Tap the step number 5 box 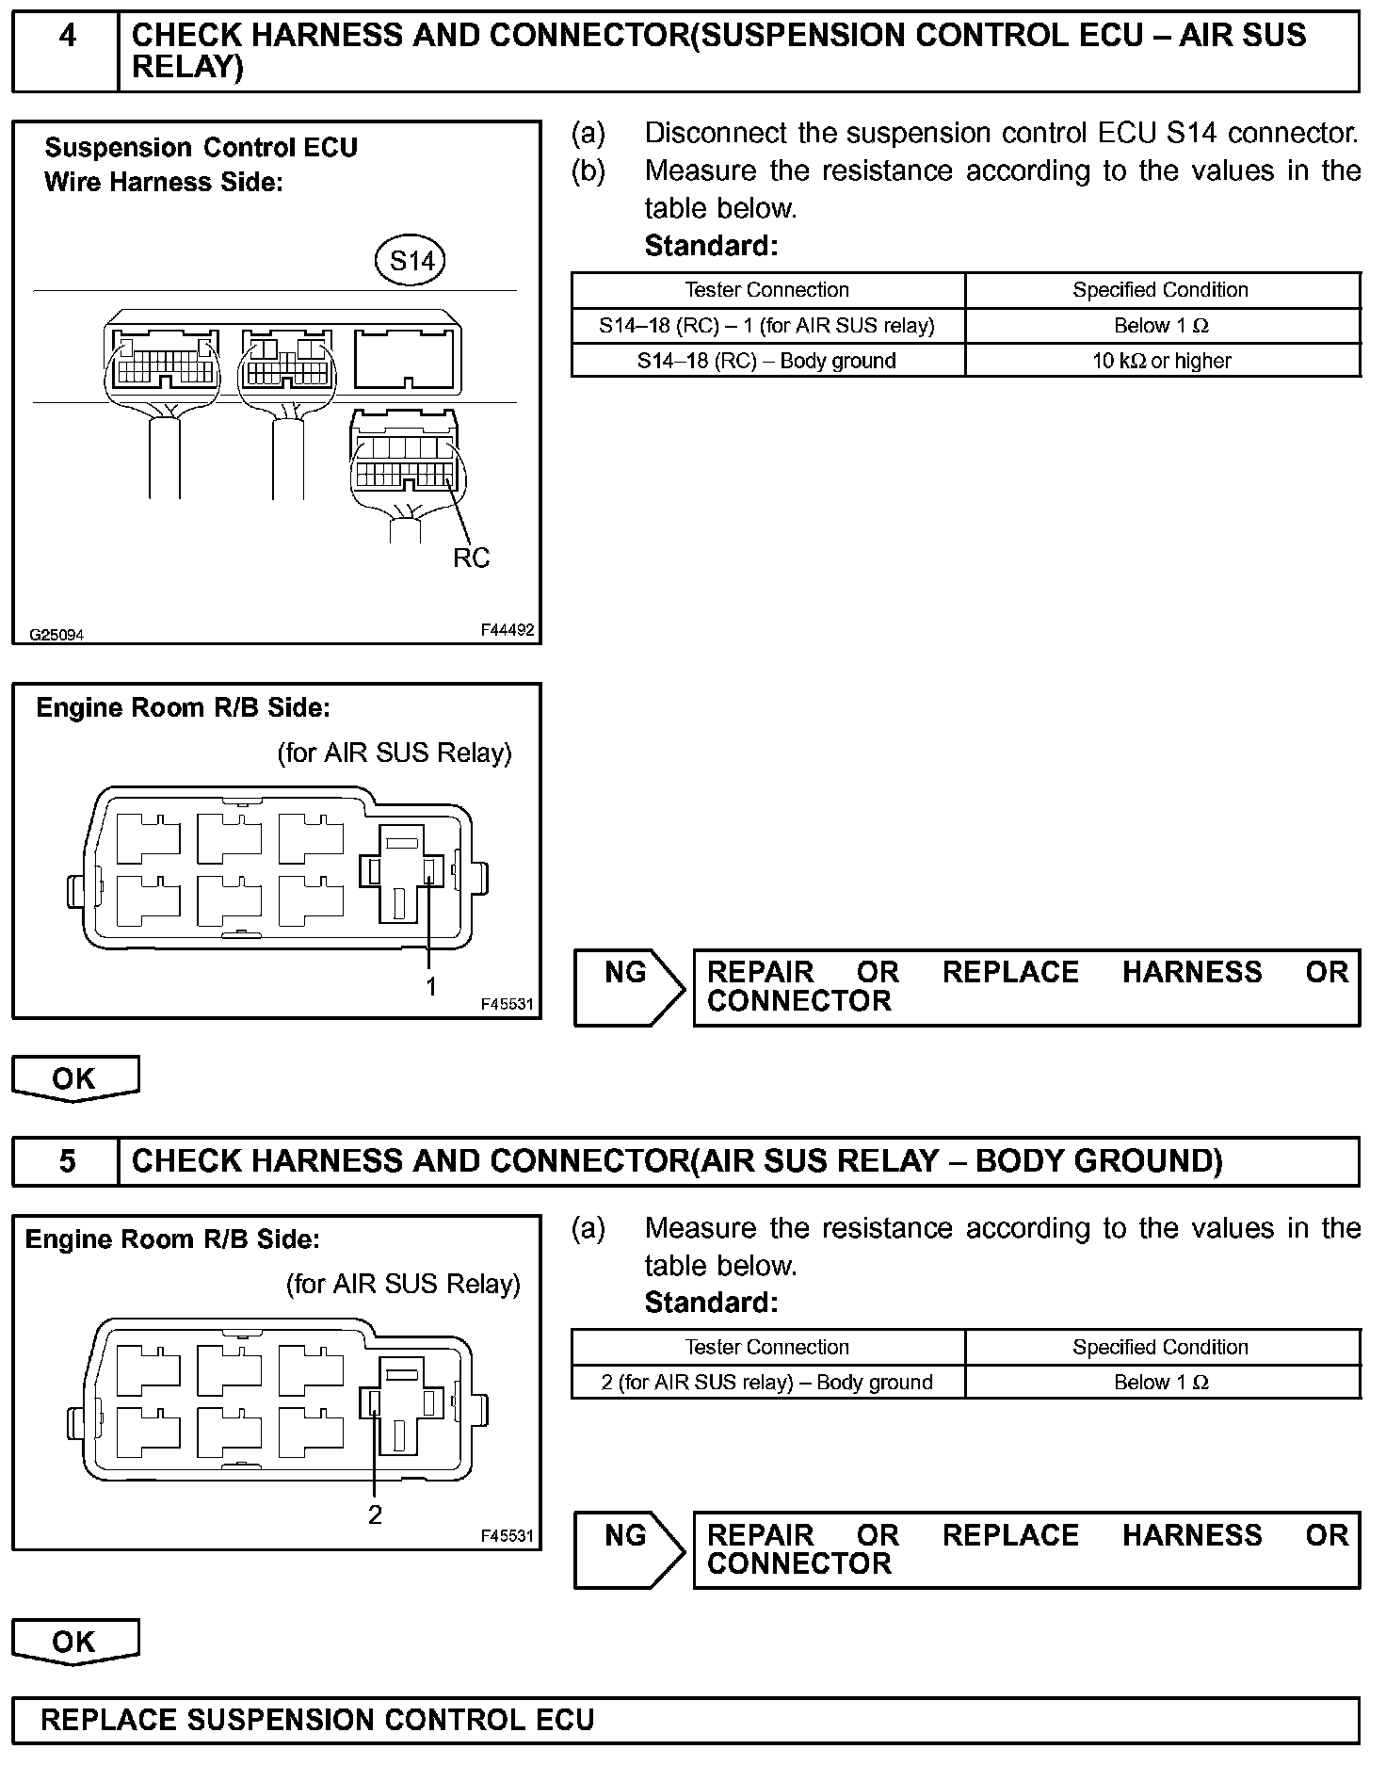tap(66, 1160)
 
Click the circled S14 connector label tap(412, 260)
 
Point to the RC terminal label tap(471, 559)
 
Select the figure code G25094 tap(56, 635)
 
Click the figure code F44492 tap(507, 630)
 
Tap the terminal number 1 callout tap(431, 986)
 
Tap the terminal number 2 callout tap(375, 1515)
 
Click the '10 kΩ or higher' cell tap(1161, 361)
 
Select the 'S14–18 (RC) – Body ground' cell tap(766, 361)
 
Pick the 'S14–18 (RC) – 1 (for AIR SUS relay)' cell tap(766, 326)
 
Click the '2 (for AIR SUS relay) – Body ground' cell tap(766, 1382)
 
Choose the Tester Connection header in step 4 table tap(766, 290)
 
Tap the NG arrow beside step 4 tap(629, 986)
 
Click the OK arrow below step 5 tap(75, 1643)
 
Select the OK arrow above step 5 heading tap(75, 1079)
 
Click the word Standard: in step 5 tap(711, 1303)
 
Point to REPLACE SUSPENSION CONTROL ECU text tap(317, 1721)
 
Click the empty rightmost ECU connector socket tap(407, 358)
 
